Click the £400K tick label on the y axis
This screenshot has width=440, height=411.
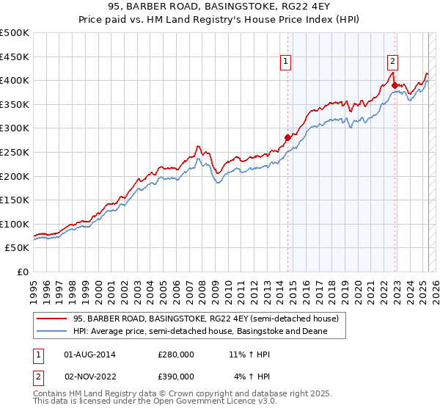point(15,80)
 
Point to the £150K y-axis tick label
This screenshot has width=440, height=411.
point(15,200)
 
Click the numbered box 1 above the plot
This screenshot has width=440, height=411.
point(285,62)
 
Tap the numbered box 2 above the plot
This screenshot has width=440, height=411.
point(393,62)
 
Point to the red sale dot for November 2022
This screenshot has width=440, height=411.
point(395,85)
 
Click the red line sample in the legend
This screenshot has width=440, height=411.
point(52,319)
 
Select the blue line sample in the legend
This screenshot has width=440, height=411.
point(52,331)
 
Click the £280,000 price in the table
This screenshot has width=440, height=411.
point(176,354)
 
